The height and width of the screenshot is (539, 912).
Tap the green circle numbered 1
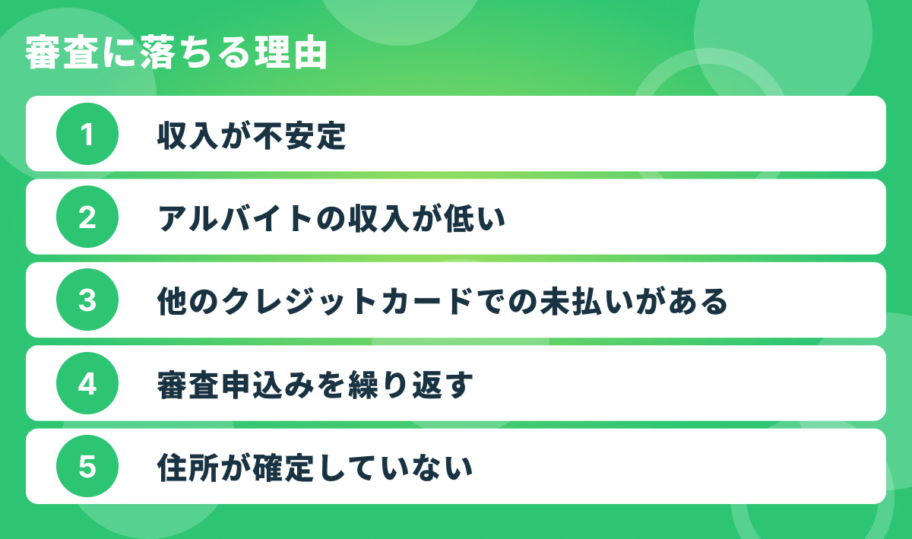pyautogui.click(x=87, y=134)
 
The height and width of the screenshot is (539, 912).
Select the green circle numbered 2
pyautogui.click(x=87, y=217)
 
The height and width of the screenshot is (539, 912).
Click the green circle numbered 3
pyautogui.click(x=87, y=300)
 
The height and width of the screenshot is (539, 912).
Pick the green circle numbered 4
pyautogui.click(x=87, y=384)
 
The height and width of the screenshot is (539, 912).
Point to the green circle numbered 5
pyautogui.click(x=87, y=467)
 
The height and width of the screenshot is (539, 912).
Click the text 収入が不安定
pyautogui.click(x=252, y=135)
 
